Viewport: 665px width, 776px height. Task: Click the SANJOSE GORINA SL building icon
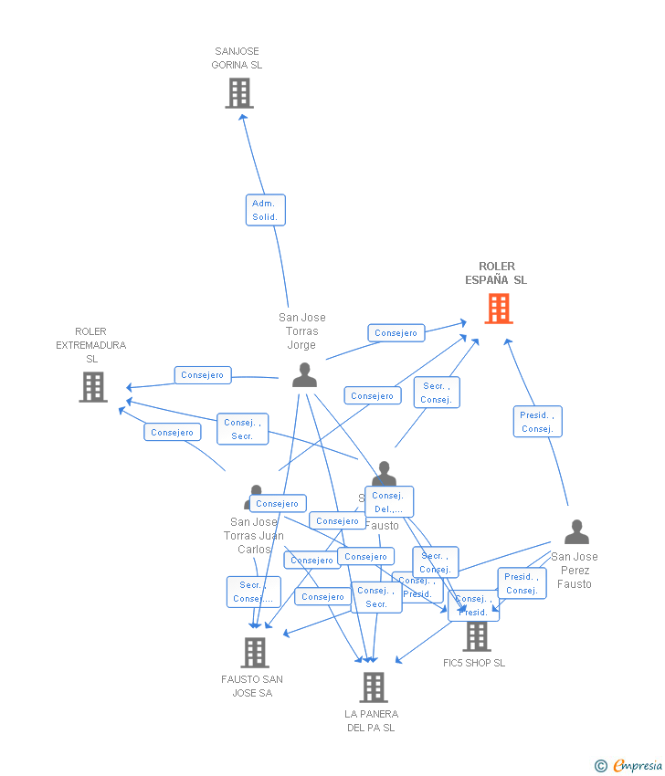(238, 93)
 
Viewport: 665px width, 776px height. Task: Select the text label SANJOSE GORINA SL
(237, 58)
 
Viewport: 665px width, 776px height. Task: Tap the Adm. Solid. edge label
(265, 210)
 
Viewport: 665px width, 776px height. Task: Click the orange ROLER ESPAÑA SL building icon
(498, 309)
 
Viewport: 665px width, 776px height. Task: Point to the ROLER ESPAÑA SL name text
(496, 273)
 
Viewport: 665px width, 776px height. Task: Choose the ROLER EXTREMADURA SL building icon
(92, 387)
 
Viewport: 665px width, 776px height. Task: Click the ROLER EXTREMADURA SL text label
(91, 345)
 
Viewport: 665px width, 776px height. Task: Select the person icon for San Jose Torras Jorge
(304, 375)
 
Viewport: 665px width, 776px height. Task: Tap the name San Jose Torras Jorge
(301, 331)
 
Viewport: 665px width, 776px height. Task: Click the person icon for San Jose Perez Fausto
(576, 532)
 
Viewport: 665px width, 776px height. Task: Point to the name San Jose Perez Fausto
(575, 571)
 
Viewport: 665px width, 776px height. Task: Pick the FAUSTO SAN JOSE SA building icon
(255, 652)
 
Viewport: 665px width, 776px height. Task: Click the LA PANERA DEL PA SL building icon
(373, 687)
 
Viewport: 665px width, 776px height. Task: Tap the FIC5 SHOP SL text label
(474, 663)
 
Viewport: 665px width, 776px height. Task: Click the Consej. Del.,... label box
(389, 502)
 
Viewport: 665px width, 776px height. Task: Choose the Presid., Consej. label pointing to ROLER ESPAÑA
(537, 422)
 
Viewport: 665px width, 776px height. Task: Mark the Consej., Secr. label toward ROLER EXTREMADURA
(243, 429)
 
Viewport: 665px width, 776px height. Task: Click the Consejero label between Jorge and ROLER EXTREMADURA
(203, 375)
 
